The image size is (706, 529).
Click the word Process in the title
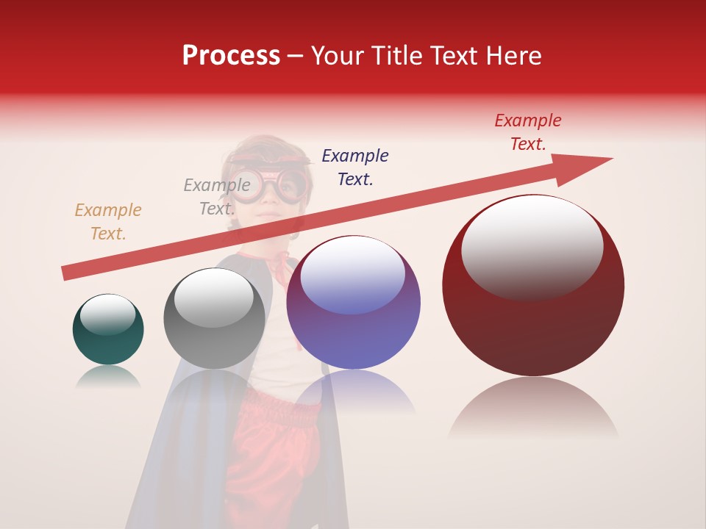coord(231,56)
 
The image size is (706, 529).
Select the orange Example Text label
coord(108,222)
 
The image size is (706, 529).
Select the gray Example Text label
coord(217,197)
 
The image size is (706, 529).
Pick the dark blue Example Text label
coord(355,168)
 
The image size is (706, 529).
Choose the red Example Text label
coord(528,132)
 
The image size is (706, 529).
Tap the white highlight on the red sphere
coord(532,246)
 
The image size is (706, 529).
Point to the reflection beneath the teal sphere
coord(108,378)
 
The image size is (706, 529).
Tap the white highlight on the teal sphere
coord(107,314)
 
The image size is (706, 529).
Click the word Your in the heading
coord(338,56)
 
